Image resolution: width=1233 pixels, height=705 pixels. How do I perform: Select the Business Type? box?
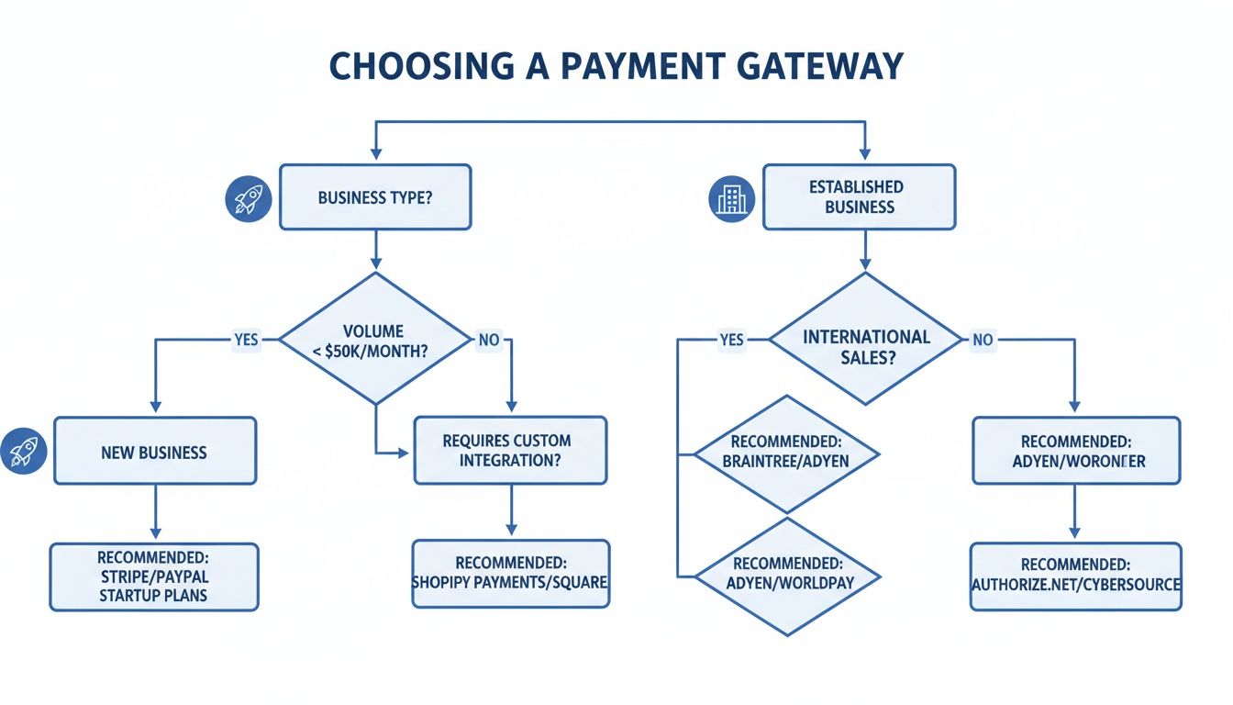pyautogui.click(x=374, y=197)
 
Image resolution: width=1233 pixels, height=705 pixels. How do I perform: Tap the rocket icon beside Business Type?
pyautogui.click(x=249, y=198)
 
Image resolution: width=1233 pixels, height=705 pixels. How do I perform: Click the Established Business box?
pyautogui.click(x=859, y=196)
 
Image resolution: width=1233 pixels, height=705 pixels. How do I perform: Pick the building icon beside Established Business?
pyautogui.click(x=732, y=197)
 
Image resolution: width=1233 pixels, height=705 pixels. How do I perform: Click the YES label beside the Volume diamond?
pyautogui.click(x=246, y=340)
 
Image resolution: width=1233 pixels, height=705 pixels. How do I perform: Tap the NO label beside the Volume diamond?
pyautogui.click(x=489, y=340)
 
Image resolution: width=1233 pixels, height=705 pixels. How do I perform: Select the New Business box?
pyautogui.click(x=155, y=452)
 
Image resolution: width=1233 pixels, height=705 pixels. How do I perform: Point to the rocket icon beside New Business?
pyautogui.click(x=23, y=450)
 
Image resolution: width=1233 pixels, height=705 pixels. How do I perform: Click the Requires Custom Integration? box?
pyautogui.click(x=510, y=451)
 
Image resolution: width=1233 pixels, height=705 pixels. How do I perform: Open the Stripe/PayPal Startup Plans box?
pyautogui.click(x=154, y=577)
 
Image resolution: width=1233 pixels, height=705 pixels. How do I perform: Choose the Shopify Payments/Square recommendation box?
pyautogui.click(x=510, y=574)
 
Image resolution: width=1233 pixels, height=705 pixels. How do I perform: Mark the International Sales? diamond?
pyautogui.click(x=866, y=340)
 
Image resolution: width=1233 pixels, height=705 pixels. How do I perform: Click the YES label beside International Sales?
pyautogui.click(x=731, y=340)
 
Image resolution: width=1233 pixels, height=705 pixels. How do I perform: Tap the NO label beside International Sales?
pyautogui.click(x=983, y=340)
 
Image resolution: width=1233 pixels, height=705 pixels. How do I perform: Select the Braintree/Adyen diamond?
pyautogui.click(x=786, y=453)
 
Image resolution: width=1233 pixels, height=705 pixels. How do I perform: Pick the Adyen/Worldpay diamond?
pyautogui.click(x=786, y=576)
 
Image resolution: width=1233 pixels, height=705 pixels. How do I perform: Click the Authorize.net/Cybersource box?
pyautogui.click(x=1076, y=576)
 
